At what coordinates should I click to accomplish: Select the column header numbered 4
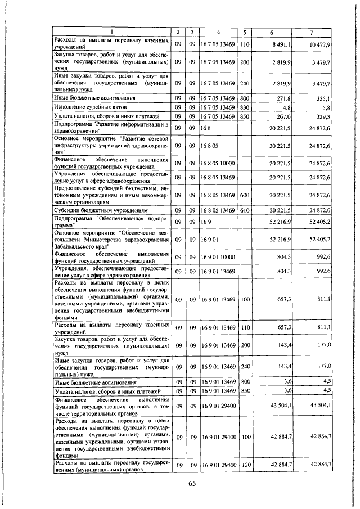(x=218, y=32)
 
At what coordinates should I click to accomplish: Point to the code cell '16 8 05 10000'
(x=218, y=163)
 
